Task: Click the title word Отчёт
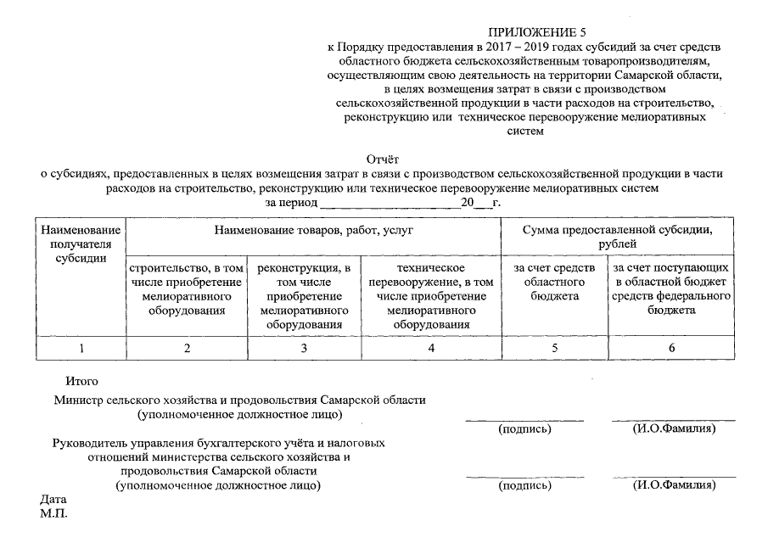tap(382, 159)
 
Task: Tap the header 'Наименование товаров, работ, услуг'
tap(313, 230)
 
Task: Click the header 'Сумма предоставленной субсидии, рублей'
tap(617, 237)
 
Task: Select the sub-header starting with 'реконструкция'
tap(303, 296)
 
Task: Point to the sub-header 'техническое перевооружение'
tap(432, 296)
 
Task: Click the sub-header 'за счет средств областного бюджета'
tap(556, 283)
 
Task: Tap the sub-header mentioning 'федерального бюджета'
tap(671, 289)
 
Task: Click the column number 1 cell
tap(81, 348)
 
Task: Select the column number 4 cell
tap(432, 348)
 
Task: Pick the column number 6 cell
tap(671, 348)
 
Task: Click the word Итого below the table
tap(82, 382)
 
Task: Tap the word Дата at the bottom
tap(53, 499)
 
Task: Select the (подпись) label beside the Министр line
tap(524, 428)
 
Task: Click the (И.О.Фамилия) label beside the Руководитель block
tap(674, 486)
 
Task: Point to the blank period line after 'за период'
tap(390, 205)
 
